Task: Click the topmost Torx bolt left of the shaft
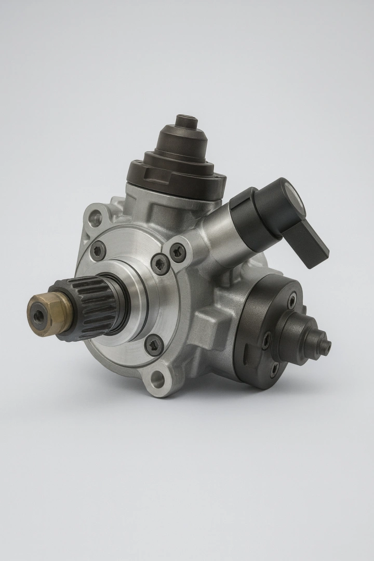point(97,250)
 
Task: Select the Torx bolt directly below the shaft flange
point(154,344)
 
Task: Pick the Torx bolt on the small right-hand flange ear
point(178,252)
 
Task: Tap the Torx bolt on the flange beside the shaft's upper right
point(160,264)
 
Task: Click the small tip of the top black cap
point(186,121)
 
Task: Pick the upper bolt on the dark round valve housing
point(292,300)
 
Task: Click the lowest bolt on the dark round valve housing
point(274,369)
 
